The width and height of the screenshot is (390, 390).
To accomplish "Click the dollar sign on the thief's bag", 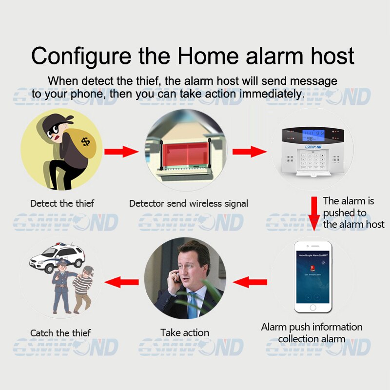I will click(x=86, y=141).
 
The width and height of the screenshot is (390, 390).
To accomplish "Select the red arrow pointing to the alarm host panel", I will click(x=249, y=151).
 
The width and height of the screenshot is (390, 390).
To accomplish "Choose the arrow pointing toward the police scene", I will click(x=121, y=282).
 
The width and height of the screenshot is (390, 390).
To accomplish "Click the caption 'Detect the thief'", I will click(x=62, y=203).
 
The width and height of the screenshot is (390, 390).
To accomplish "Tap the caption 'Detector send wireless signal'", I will click(x=189, y=203).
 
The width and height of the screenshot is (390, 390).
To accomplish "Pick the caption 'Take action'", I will click(x=185, y=333).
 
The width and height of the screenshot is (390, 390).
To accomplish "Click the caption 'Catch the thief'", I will click(x=60, y=333).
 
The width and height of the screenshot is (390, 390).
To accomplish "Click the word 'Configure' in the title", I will click(x=81, y=56).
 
